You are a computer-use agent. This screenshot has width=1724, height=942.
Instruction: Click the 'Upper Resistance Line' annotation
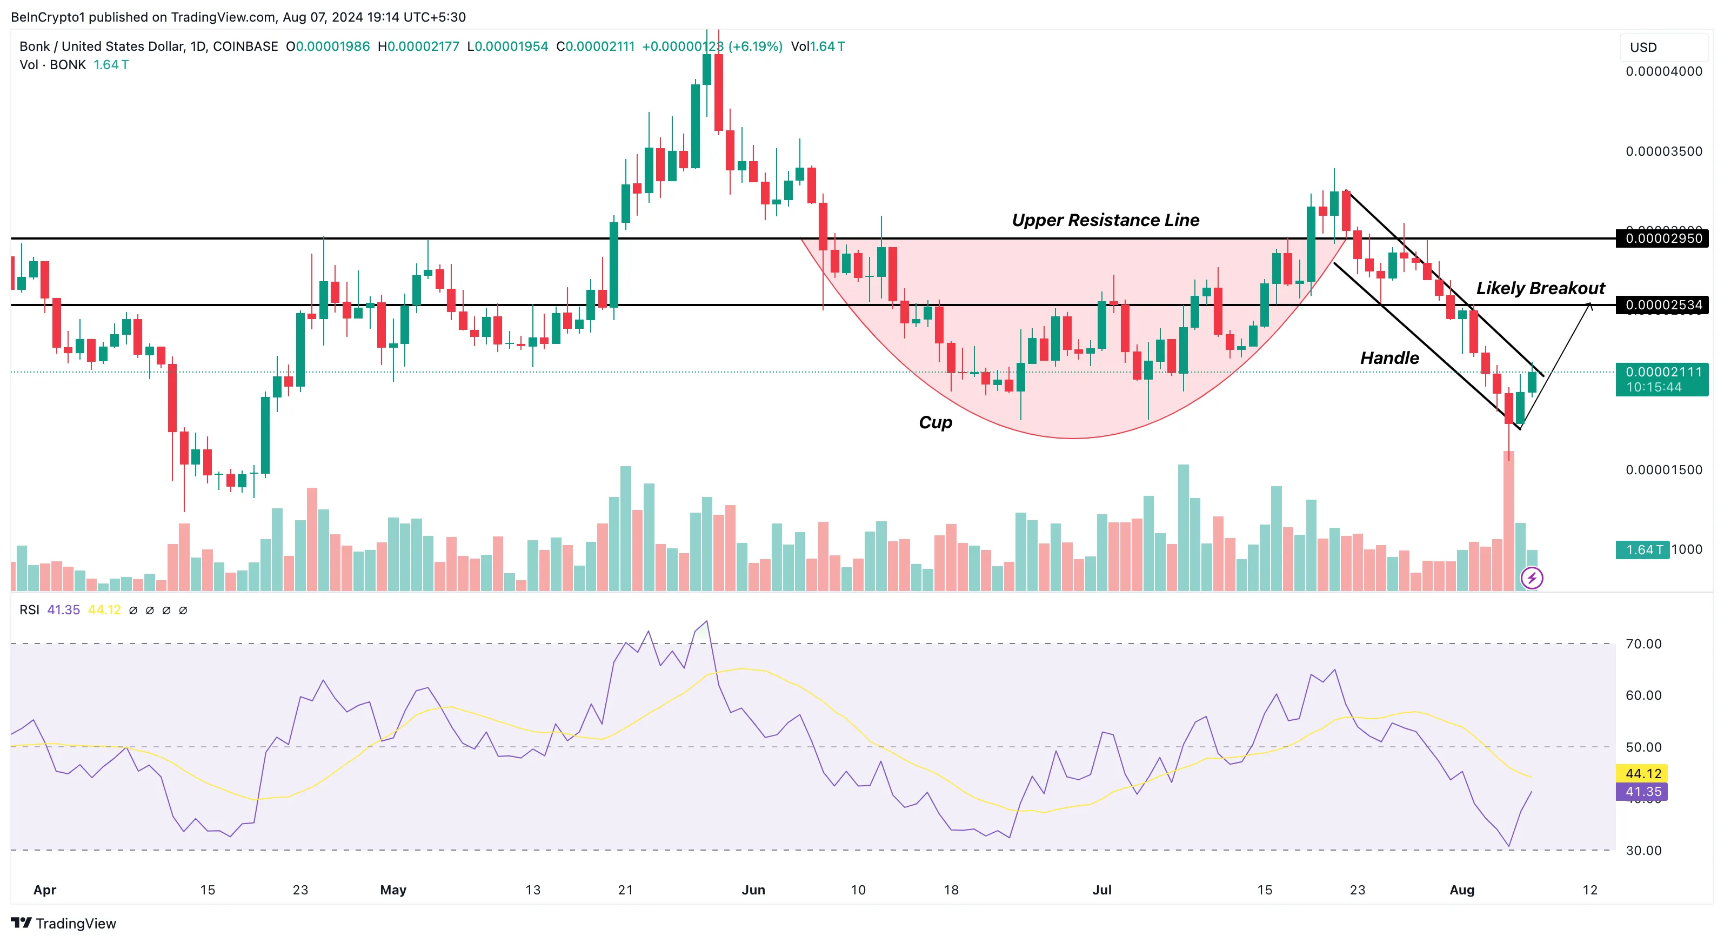1105,220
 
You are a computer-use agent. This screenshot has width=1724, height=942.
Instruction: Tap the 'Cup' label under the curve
935,422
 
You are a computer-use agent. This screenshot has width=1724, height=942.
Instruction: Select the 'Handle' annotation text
1389,358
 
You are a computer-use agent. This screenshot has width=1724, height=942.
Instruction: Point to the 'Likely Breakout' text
1540,289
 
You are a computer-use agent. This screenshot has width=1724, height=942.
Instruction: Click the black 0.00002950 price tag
1662,238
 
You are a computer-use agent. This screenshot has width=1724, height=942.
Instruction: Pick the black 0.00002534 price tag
1662,306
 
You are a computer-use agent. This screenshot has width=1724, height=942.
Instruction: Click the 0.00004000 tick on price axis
1664,71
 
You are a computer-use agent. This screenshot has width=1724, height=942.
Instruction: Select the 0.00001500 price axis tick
1664,470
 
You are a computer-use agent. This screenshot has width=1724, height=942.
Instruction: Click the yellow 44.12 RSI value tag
1642,773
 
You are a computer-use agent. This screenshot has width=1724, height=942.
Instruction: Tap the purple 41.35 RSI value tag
1642,791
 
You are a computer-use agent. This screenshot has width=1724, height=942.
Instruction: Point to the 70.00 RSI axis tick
1643,644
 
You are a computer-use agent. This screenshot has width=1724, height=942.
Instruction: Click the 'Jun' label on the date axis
753,890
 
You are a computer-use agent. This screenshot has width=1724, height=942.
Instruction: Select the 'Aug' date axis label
1462,890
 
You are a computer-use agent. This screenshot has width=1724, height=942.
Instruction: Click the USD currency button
1643,48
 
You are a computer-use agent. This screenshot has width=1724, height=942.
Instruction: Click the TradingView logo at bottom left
64,923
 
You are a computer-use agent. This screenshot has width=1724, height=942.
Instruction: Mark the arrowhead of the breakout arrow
1590,306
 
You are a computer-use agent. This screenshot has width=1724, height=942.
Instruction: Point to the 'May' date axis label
393,890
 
